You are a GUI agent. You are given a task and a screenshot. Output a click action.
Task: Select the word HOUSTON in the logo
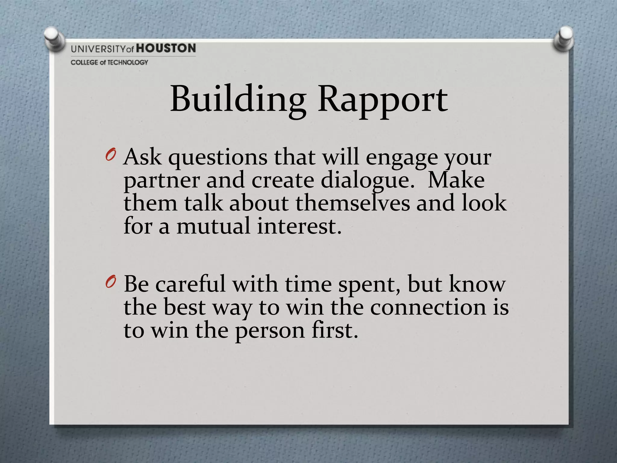[x=166, y=48]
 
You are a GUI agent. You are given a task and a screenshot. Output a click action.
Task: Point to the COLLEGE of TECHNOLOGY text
[x=109, y=62]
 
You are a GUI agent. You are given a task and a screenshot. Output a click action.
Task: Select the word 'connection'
[x=428, y=307]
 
